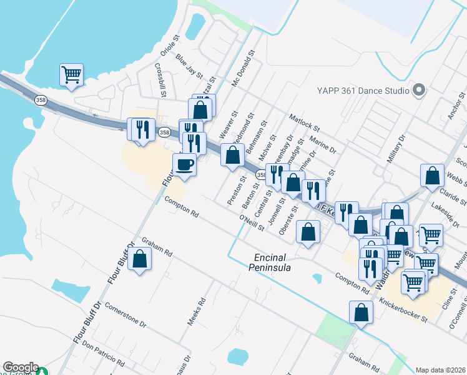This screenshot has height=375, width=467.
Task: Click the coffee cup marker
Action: click(x=184, y=166)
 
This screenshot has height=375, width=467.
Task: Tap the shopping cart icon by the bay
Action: click(x=72, y=75)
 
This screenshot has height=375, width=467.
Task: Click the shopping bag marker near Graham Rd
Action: click(x=140, y=259)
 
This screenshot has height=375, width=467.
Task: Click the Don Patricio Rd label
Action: click(x=103, y=354)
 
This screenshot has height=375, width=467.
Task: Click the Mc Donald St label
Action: click(x=243, y=69)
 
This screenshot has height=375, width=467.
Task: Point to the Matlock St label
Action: click(x=304, y=122)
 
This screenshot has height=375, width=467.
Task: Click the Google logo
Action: click(x=21, y=367)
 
